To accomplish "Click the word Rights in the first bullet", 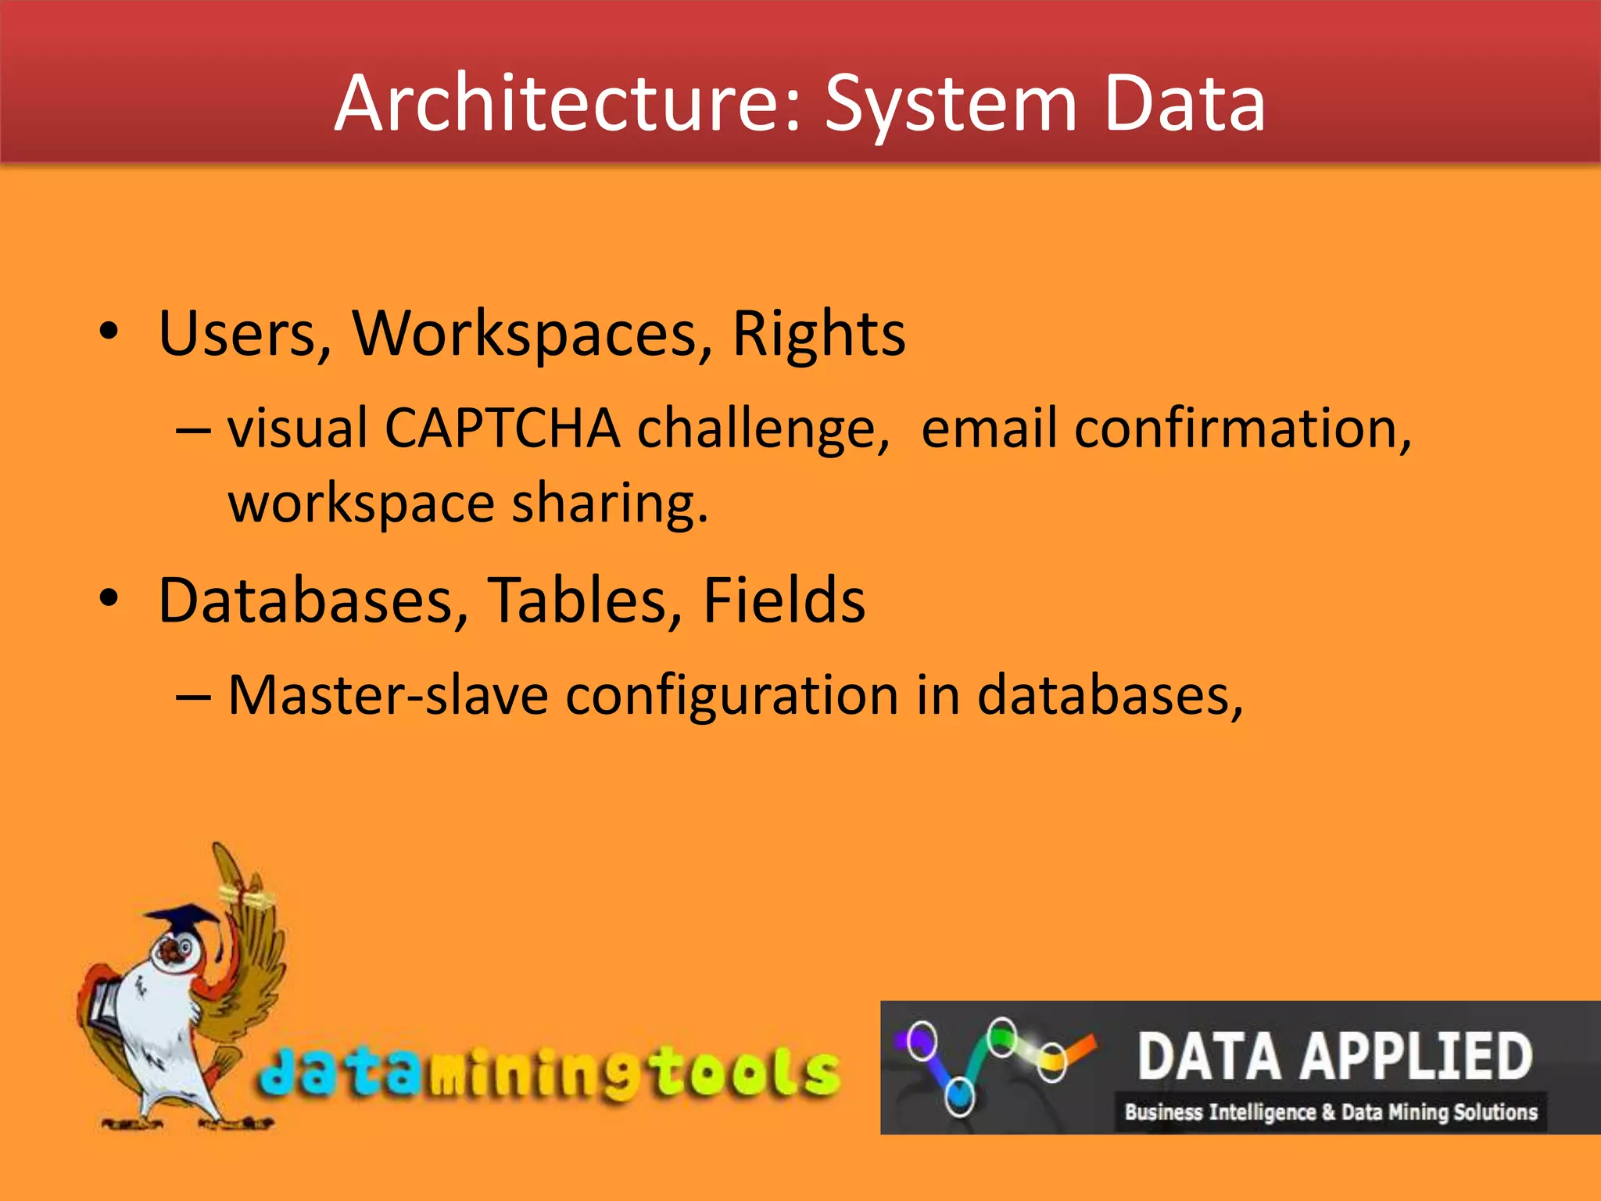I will click(818, 334).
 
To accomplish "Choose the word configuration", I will click(732, 695).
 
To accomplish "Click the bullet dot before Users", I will click(109, 332).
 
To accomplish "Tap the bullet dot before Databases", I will click(109, 599).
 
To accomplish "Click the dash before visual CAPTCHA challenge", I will click(193, 430).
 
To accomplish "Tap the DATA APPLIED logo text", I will click(1334, 1056).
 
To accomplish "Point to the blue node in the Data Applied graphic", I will click(959, 1094).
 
